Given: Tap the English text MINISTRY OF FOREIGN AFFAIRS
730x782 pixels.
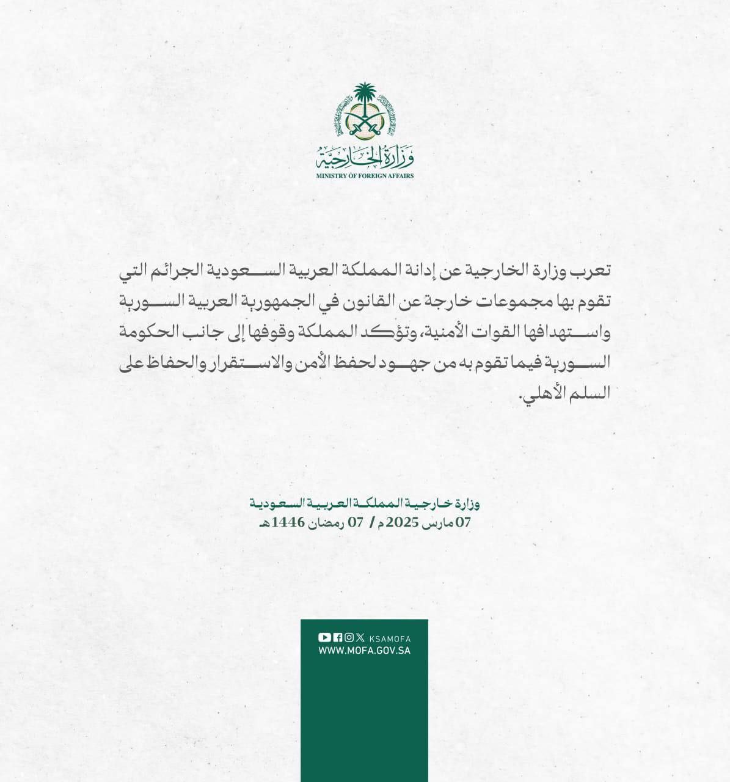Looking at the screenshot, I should [365, 176].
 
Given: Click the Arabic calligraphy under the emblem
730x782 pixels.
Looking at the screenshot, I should [365, 159].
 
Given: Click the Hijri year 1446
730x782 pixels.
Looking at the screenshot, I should [290, 522].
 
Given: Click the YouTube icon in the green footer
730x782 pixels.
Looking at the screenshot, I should [324, 637].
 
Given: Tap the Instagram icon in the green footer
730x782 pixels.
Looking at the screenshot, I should [349, 637].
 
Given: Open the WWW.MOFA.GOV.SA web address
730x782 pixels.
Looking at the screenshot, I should [364, 651].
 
